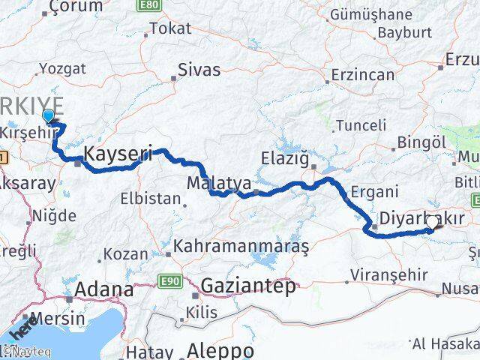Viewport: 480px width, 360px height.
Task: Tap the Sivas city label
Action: pos(199,70)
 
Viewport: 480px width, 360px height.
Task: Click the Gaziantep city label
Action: pos(247,285)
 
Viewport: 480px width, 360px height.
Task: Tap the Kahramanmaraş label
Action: pos(241,246)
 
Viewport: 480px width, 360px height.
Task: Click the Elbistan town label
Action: pos(151,199)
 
